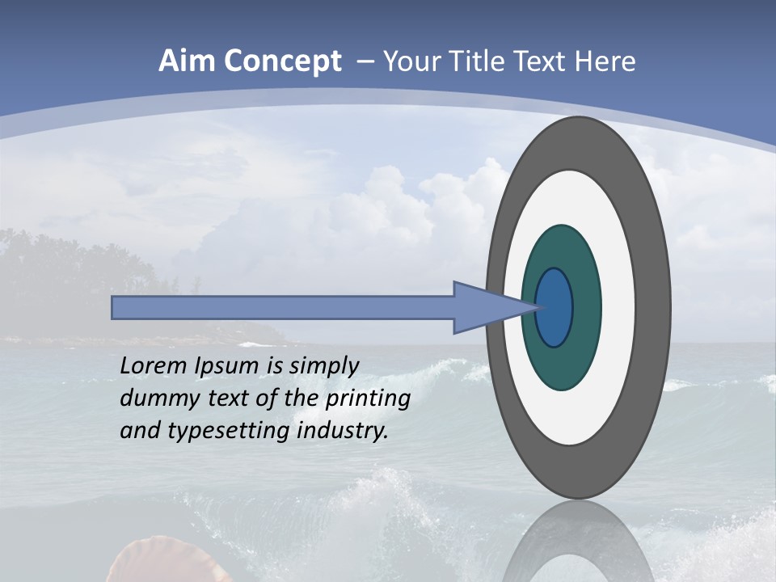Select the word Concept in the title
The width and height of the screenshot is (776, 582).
tap(280, 61)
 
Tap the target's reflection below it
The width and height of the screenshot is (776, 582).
tap(578, 542)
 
